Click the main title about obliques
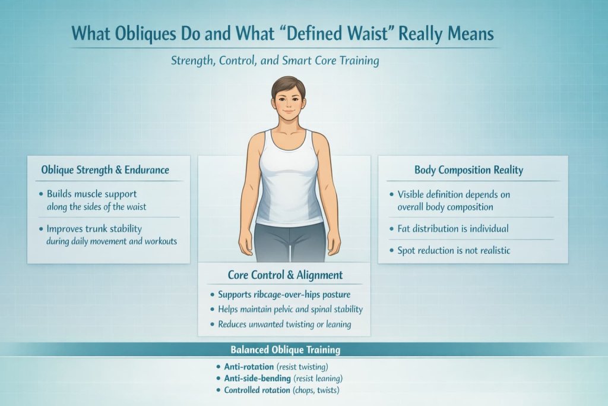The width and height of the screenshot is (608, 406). [283, 34]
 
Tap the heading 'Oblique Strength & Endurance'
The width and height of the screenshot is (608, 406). [105, 170]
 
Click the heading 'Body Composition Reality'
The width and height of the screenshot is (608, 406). [468, 170]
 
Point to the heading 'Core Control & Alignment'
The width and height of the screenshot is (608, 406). [285, 275]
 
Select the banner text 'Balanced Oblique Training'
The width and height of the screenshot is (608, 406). [285, 350]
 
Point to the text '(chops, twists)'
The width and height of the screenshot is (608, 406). [319, 391]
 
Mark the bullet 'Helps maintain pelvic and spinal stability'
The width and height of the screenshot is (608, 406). [290, 309]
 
